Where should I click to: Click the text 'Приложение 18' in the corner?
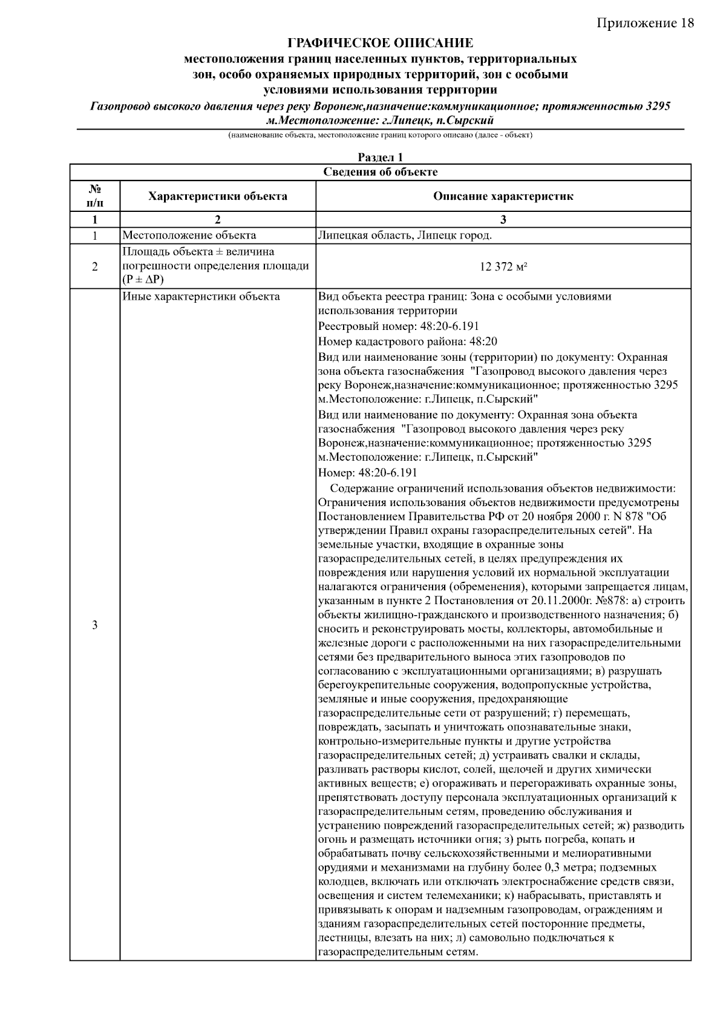point(645,23)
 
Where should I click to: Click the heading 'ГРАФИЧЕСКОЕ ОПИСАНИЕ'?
point(380,44)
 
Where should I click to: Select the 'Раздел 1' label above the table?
point(380,157)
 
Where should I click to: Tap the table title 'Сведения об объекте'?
point(380,172)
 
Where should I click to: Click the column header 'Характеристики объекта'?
point(218,196)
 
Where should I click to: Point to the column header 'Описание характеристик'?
point(503,196)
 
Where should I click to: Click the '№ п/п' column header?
point(94,196)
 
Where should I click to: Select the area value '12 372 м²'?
point(503,266)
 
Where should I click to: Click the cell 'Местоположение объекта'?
point(189,236)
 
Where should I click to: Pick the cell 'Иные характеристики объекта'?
point(201,297)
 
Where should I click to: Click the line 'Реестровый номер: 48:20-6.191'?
point(399,327)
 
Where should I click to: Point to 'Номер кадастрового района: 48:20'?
point(408,342)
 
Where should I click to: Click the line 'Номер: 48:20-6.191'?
point(367,473)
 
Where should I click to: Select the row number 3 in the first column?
point(94,625)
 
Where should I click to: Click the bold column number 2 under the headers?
point(218,220)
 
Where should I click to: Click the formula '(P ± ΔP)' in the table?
point(143,280)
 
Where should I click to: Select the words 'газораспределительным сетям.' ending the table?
point(399,953)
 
